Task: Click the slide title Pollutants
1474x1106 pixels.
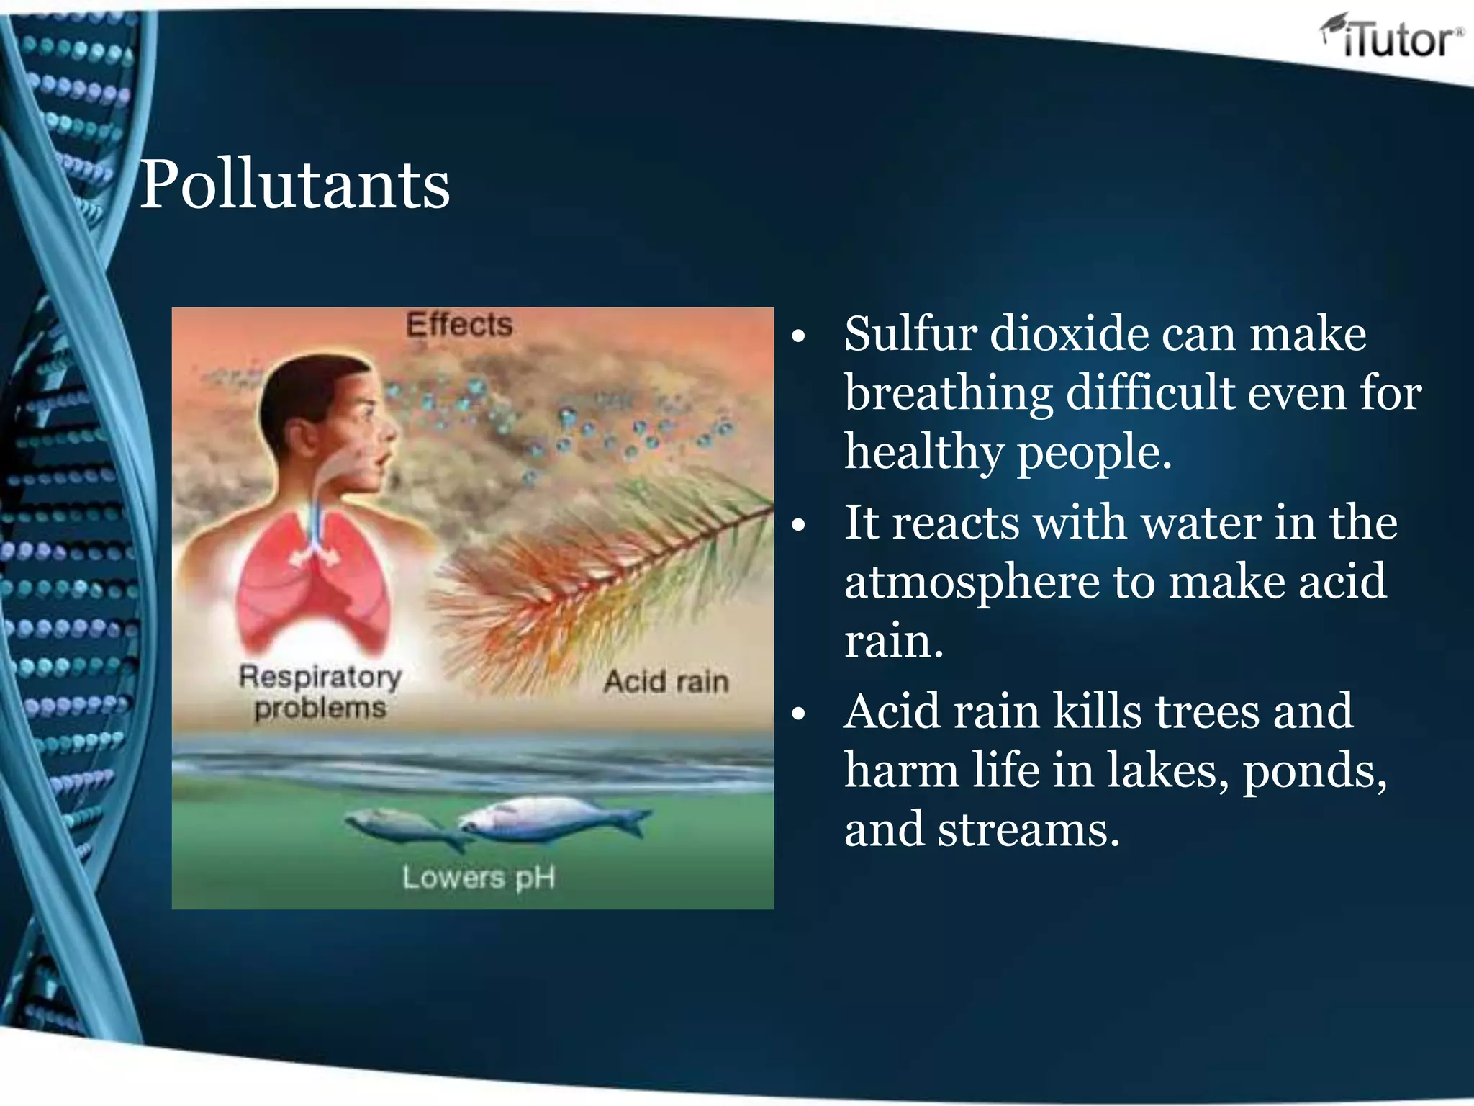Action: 294,185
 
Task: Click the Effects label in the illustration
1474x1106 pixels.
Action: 459,325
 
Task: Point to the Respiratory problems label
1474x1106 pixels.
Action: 320,692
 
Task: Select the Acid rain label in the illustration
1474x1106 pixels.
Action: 666,681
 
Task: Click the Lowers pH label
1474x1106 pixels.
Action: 479,878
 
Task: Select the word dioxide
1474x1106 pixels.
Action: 1068,334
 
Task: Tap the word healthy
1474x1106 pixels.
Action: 923,453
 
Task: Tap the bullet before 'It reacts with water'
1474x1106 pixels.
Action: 797,526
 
